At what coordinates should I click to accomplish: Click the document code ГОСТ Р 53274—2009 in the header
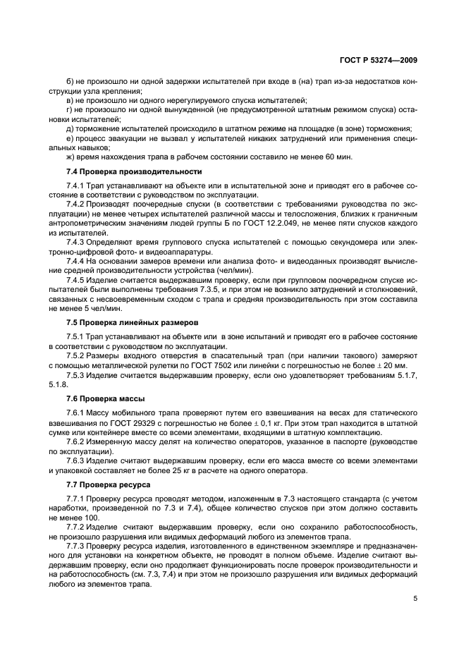[376, 60]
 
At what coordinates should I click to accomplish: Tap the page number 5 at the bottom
[415, 599]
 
